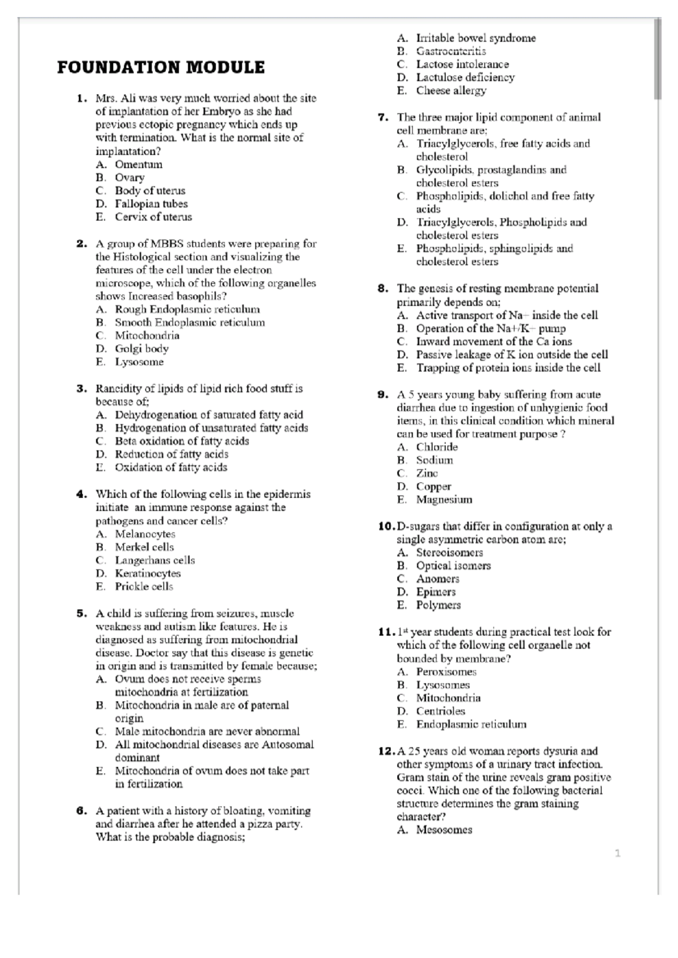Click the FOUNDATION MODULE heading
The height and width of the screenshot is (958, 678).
tap(160, 68)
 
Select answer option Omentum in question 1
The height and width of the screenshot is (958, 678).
tap(138, 164)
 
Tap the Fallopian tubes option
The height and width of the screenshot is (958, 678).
tap(151, 204)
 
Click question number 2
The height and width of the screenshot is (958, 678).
tap(81, 244)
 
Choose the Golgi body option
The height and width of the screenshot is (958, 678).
tap(141, 349)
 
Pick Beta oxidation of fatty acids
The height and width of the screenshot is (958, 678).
tap(181, 441)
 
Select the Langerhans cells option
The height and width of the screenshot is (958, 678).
tap(155, 560)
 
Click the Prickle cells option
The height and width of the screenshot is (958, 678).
tap(144, 587)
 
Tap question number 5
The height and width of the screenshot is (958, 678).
tap(81, 613)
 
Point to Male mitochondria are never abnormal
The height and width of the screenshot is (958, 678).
tap(207, 731)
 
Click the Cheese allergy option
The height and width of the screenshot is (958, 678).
tap(451, 90)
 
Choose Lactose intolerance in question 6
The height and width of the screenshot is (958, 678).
tap(462, 64)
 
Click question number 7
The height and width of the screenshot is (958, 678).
tap(383, 117)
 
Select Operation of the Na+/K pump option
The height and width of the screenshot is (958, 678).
tap(490, 329)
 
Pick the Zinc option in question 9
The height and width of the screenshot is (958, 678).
tap(427, 473)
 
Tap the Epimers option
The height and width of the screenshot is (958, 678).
tap(436, 592)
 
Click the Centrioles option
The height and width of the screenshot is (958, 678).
tap(441, 711)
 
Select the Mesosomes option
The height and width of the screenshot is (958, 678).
tap(444, 830)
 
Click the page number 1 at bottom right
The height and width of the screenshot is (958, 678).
tap(618, 854)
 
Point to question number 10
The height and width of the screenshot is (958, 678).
tap(386, 526)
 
